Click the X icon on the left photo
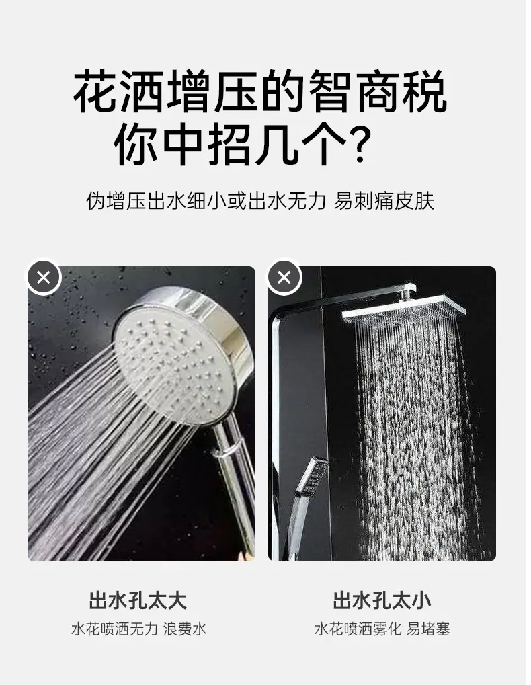44,278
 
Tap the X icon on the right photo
284,278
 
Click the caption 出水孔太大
138,601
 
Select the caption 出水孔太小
382,601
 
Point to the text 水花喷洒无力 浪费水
138,629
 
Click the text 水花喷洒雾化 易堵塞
382,629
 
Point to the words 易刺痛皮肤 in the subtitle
384,201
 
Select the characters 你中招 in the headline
183,143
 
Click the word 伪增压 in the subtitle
116,201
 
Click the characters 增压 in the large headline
212,91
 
